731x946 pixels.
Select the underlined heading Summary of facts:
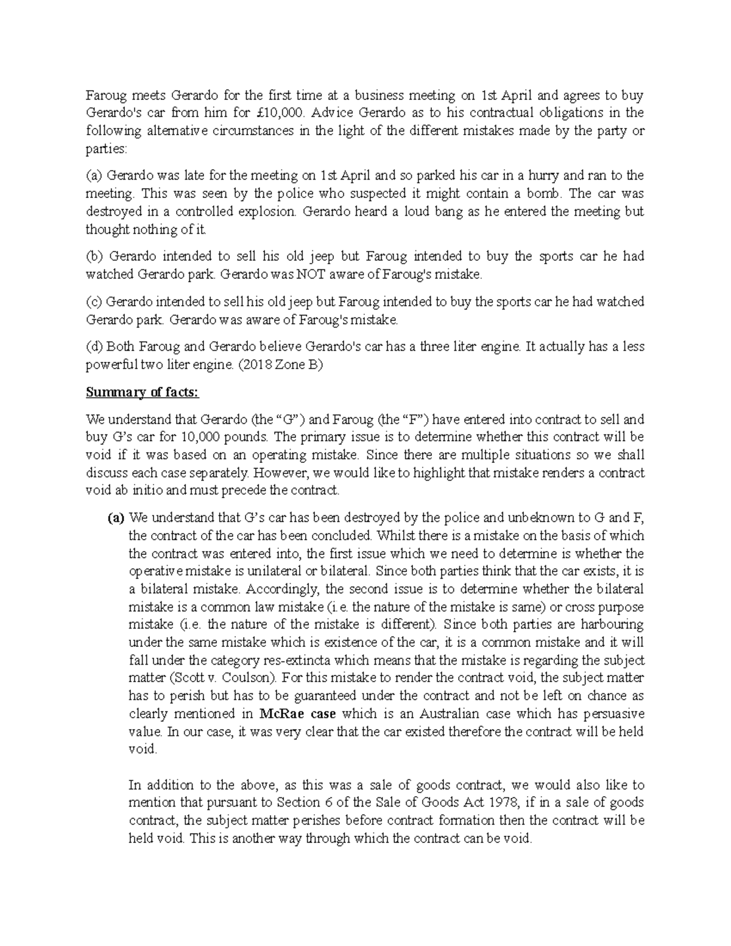tap(143, 392)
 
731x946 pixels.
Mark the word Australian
tap(438, 713)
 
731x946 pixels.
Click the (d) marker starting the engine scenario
tap(94, 347)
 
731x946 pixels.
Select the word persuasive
tap(610, 713)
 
